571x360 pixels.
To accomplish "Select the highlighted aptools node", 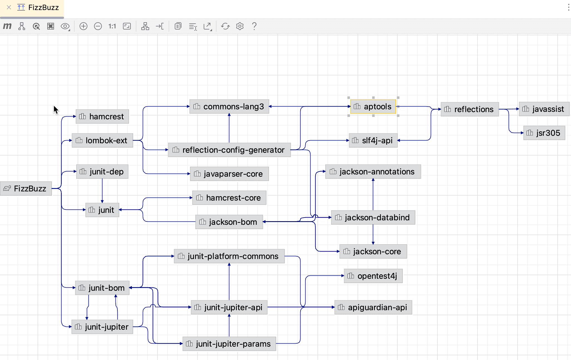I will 373,107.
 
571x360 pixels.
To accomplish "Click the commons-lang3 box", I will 229,107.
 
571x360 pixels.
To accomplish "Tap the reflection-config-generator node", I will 229,150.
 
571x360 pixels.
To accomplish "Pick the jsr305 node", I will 544,133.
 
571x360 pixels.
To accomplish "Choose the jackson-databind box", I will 373,218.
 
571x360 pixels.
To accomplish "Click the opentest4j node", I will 373,276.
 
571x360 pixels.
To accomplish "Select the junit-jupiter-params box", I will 229,344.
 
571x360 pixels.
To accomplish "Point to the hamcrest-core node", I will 229,198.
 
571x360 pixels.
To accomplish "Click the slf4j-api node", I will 373,140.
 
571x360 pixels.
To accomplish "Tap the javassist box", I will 544,109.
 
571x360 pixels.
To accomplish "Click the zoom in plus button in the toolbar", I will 83,26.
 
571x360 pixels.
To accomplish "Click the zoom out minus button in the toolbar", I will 98,26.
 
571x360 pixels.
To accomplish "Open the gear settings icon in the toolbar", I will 240,26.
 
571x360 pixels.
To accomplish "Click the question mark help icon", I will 254,26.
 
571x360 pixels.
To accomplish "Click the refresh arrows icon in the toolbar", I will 225,26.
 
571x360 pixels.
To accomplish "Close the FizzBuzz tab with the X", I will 9,8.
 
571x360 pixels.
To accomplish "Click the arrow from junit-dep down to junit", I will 102,191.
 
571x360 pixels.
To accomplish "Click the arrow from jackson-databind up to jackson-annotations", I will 373,195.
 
